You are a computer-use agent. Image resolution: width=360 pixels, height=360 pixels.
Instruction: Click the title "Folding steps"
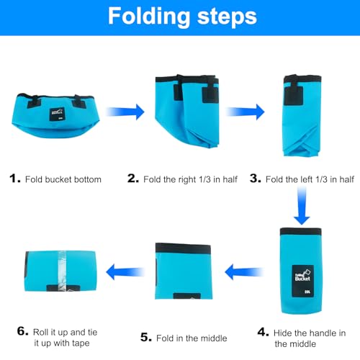(x=182, y=17)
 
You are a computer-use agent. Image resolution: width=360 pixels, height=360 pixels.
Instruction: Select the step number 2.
(x=133, y=179)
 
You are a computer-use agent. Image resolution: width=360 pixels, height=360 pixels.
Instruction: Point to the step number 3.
(x=256, y=179)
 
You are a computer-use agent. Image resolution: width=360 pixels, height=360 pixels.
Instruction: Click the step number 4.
(x=263, y=332)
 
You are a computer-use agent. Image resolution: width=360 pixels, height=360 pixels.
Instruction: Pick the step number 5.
(x=146, y=337)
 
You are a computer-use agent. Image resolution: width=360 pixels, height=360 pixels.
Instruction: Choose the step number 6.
(x=23, y=331)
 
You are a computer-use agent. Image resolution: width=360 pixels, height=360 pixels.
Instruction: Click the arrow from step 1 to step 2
(x=125, y=112)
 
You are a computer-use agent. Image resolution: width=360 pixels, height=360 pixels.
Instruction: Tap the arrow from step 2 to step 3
(x=246, y=112)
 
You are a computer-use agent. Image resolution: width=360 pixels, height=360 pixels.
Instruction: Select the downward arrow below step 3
(x=302, y=206)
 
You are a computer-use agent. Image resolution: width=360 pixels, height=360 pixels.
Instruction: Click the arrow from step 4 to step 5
(x=244, y=272)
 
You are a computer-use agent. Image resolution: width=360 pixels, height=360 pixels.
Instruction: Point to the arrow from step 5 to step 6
(x=125, y=272)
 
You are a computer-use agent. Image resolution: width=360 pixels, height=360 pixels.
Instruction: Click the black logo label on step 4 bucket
(x=303, y=281)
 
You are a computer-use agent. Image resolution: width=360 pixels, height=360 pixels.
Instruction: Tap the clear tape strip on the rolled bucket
(x=62, y=271)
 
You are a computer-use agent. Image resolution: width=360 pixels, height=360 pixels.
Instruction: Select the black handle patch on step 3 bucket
(x=293, y=96)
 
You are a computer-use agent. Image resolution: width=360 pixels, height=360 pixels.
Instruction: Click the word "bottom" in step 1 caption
(x=88, y=179)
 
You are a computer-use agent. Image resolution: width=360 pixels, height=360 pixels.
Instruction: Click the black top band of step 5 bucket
(x=183, y=248)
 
